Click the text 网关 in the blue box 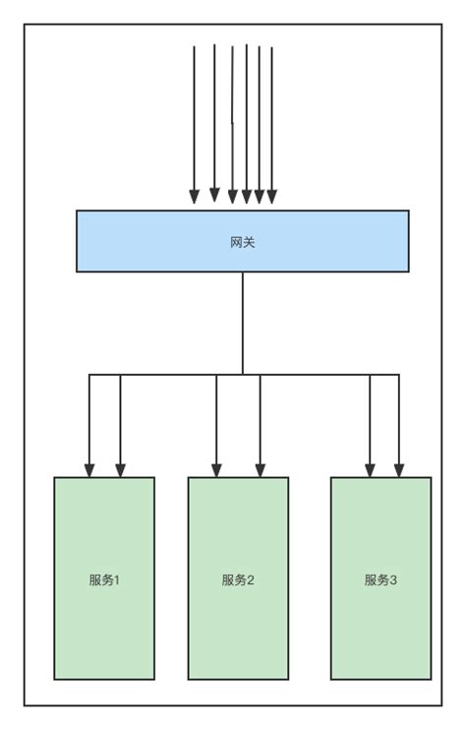[242, 241]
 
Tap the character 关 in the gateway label [249, 241]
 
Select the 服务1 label [103, 579]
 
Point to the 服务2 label [238, 579]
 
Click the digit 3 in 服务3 [394, 579]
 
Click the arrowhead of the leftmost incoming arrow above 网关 [195, 197]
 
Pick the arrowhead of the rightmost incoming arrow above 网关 [271, 197]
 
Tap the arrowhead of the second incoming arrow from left [214, 195]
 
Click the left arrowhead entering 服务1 [89, 469]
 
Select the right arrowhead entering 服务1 [121, 469]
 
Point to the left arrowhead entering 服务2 [216, 469]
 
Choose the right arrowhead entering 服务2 [260, 469]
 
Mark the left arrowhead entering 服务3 [370, 469]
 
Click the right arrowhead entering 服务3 [399, 469]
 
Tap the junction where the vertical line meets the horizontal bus [243, 374]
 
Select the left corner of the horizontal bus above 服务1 [89, 374]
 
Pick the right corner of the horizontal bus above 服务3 [399, 374]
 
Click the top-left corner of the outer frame [25, 25]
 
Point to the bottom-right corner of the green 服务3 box [431, 679]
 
